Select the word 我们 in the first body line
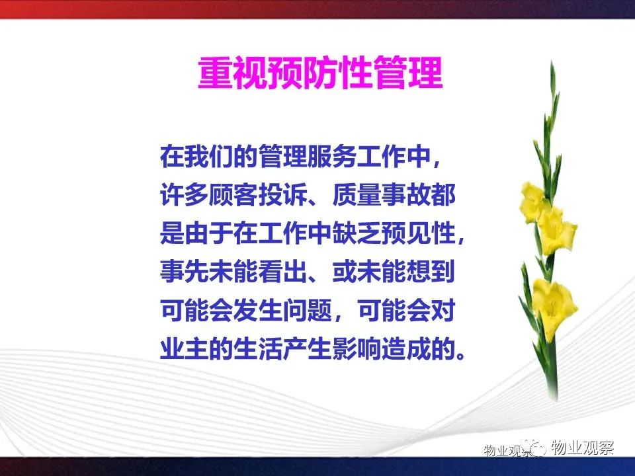197,156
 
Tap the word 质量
357,194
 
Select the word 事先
185,272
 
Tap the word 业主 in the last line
185,349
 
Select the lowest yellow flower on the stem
554,307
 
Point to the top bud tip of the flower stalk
552,61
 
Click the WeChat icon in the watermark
534,448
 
